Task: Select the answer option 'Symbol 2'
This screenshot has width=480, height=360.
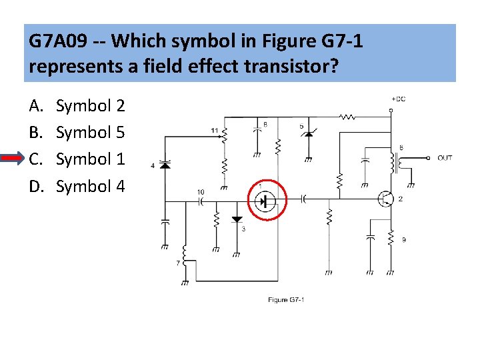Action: click(x=90, y=105)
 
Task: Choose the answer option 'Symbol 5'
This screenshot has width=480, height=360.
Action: click(x=90, y=132)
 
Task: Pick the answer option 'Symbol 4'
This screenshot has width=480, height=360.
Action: click(x=90, y=186)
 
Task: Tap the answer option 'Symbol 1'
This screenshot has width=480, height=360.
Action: click(x=90, y=159)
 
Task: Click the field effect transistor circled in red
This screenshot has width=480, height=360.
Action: click(x=266, y=199)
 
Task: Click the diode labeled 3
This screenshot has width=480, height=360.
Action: click(x=237, y=220)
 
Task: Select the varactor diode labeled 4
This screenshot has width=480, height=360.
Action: click(x=165, y=164)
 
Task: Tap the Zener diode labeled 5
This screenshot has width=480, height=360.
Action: click(x=307, y=136)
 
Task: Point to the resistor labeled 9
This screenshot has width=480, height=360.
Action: click(x=391, y=240)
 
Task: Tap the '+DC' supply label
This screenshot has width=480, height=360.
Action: click(x=397, y=99)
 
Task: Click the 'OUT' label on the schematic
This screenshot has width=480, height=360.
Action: click(x=445, y=158)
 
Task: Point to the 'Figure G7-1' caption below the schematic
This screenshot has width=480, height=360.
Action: click(x=286, y=300)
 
